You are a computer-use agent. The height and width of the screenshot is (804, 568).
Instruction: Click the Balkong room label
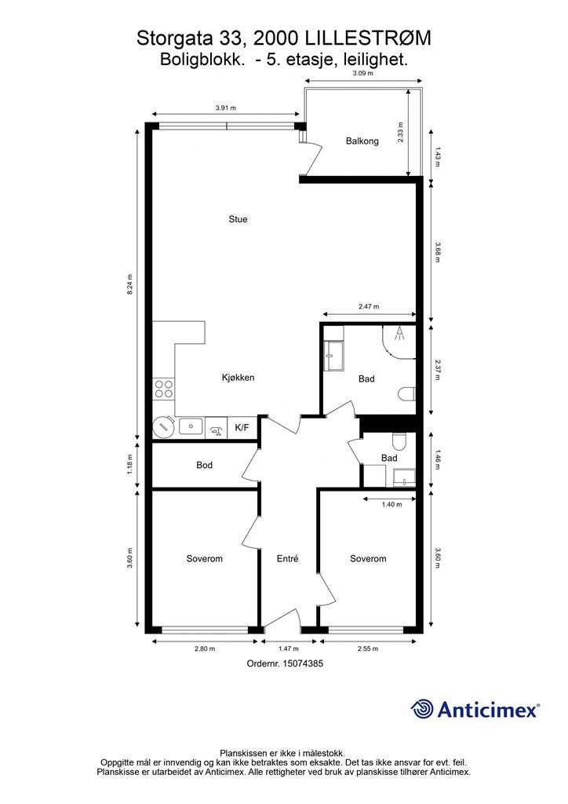[362, 141]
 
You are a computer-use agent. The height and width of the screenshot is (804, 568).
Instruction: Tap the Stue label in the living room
[238, 220]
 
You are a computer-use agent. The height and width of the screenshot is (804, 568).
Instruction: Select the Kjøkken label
[238, 378]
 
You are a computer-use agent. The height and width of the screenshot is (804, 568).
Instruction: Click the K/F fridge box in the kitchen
[242, 427]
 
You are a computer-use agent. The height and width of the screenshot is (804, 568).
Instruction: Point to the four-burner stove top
[163, 389]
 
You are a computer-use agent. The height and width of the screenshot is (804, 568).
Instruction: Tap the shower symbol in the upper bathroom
[399, 334]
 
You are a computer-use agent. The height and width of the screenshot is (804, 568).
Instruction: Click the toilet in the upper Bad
[406, 394]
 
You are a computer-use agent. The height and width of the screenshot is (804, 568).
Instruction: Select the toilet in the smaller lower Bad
[399, 441]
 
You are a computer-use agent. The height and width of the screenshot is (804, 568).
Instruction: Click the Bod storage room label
[204, 465]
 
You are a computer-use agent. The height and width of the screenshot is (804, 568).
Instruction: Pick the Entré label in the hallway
[287, 558]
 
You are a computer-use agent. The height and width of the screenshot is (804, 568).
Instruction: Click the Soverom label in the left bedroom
[204, 558]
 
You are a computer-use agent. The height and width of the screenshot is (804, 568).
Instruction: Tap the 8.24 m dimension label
[129, 284]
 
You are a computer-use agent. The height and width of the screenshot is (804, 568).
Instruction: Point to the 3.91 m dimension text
[226, 108]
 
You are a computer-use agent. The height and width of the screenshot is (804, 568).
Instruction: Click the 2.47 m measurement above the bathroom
[369, 307]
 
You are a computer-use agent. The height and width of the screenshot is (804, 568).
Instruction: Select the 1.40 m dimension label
[391, 505]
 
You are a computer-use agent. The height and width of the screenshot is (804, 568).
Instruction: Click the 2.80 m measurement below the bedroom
[205, 649]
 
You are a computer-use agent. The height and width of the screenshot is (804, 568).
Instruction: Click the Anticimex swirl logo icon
[421, 709]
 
